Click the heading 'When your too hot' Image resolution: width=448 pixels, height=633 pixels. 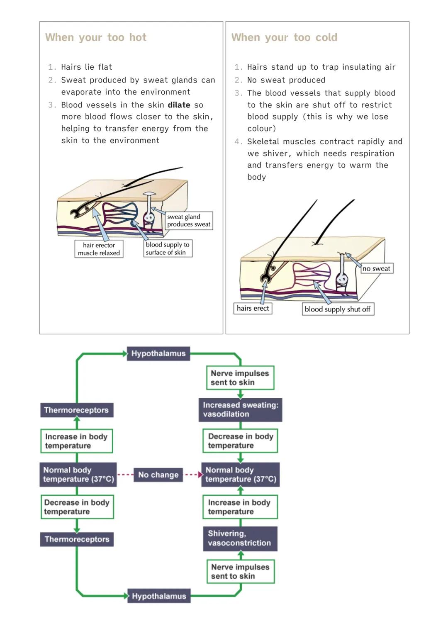tap(96, 37)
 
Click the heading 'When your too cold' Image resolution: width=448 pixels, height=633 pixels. tap(284, 37)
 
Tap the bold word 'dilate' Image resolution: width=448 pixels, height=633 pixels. tap(179, 105)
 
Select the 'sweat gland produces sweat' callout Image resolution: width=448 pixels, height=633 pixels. tap(189, 221)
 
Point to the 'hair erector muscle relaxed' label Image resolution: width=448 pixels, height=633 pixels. tap(99, 249)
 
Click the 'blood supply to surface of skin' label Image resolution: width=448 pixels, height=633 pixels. tap(168, 248)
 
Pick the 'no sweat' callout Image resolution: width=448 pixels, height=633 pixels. tap(376, 268)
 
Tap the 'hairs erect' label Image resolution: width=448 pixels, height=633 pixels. tap(253, 308)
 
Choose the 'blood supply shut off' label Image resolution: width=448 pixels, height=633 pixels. tap(338, 309)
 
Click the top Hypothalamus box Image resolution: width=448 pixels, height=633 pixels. tap(158, 353)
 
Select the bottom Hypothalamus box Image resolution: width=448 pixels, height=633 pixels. tap(158, 596)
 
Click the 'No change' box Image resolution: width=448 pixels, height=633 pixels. tap(158, 475)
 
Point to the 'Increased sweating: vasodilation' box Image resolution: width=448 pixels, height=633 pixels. tap(240, 409)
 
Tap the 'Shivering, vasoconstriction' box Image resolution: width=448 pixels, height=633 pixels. tap(240, 538)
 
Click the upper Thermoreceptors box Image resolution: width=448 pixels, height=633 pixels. tap(76, 410)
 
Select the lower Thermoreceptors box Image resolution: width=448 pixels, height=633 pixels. tap(77, 539)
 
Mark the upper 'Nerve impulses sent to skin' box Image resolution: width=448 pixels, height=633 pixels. tap(240, 377)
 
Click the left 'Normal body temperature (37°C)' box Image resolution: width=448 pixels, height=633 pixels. tap(78, 475)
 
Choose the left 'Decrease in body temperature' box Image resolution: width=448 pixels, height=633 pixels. tap(77, 506)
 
